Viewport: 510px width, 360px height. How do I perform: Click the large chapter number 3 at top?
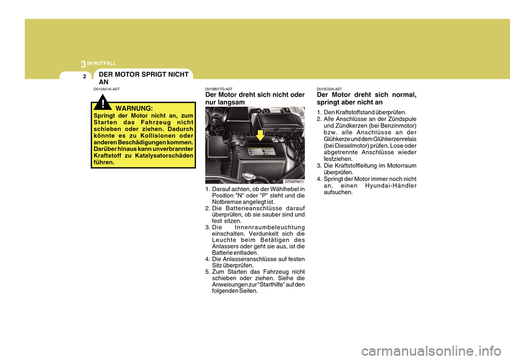tap(83, 64)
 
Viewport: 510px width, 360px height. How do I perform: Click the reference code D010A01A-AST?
tap(106, 89)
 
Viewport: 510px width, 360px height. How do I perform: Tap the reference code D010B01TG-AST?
tap(219, 89)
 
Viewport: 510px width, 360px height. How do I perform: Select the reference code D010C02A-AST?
tap(329, 89)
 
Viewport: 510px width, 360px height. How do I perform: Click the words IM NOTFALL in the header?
tap(101, 63)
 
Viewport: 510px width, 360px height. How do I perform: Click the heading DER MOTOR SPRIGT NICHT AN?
tap(141, 78)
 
